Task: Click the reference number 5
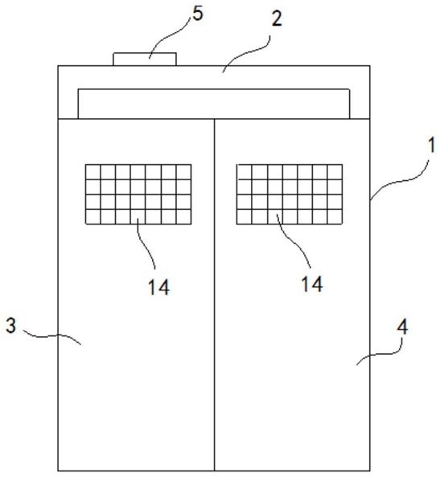198,14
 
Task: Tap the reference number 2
277,19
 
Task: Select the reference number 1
431,145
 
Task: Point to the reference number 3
11,326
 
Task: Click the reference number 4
402,327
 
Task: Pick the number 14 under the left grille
158,287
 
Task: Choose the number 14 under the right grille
312,285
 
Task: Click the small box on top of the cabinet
145,59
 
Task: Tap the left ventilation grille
138,195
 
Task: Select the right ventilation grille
290,195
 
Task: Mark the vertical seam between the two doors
215,294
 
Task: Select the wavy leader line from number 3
51,336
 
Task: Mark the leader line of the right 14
293,241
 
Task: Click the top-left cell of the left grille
93,172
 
